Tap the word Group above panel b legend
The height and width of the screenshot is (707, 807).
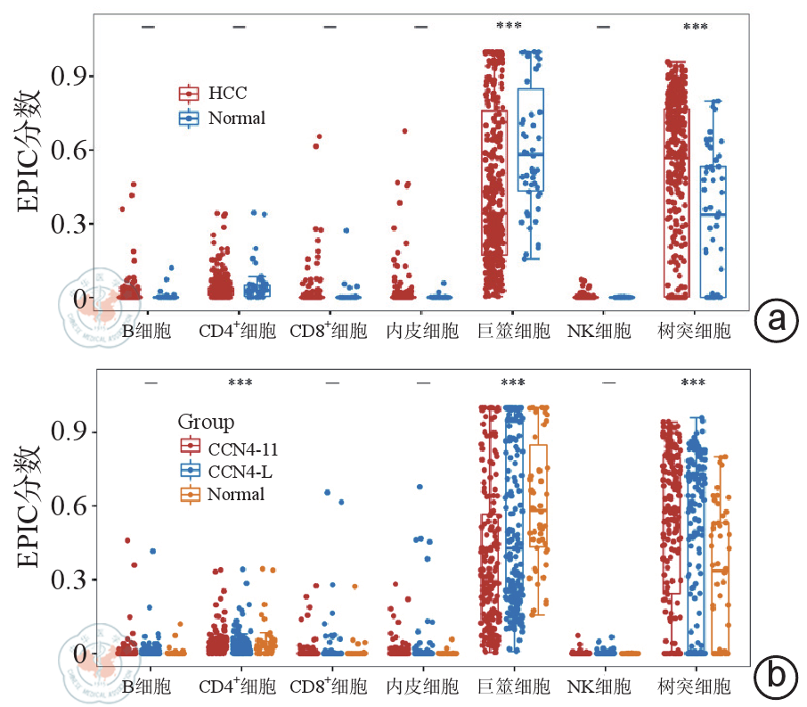[x=207, y=421]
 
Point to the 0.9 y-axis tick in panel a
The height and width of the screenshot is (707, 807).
[x=70, y=75]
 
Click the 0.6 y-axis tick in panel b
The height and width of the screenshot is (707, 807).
[x=70, y=506]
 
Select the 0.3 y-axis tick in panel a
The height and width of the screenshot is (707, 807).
[x=70, y=225]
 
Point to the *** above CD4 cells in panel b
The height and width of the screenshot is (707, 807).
[x=240, y=383]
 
